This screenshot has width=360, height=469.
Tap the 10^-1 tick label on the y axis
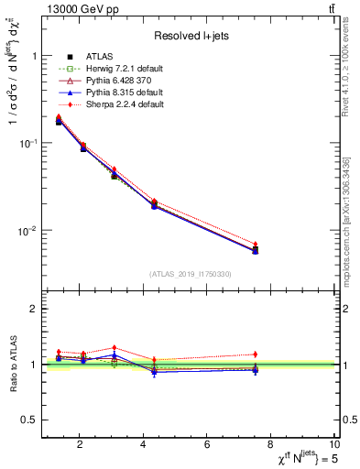tap(26, 144)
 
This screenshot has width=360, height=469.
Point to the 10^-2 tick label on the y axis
tap(26, 231)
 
